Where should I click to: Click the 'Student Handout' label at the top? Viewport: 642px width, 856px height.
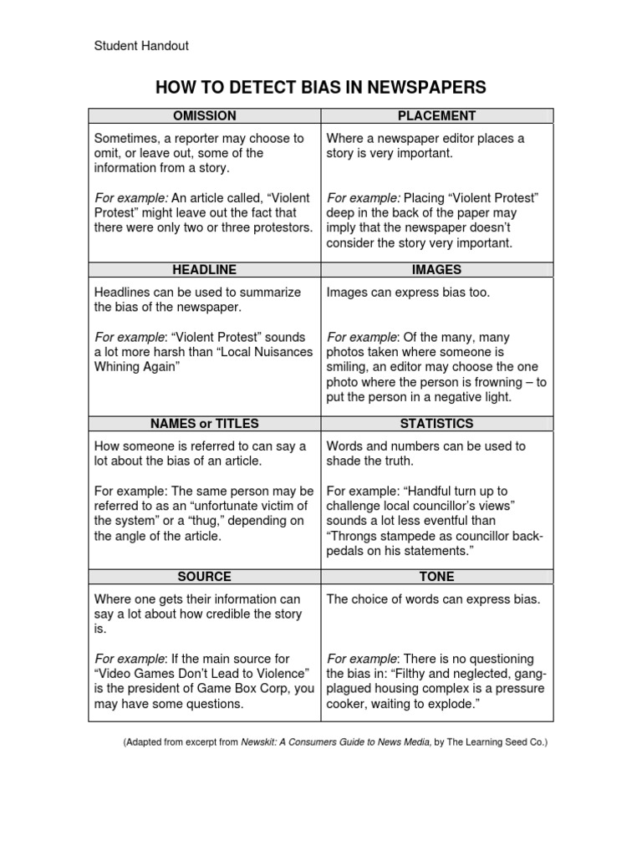[140, 46]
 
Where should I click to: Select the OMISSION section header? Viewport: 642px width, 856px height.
[204, 115]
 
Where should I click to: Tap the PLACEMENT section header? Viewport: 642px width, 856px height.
[437, 115]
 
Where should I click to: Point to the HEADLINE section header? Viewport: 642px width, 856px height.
[204, 269]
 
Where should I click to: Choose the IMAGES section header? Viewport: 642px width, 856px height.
[437, 269]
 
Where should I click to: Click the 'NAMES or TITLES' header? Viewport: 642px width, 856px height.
[204, 423]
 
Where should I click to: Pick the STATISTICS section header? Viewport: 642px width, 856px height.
[437, 423]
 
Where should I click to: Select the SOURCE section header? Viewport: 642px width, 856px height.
[204, 577]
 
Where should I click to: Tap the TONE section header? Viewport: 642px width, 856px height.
[437, 577]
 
